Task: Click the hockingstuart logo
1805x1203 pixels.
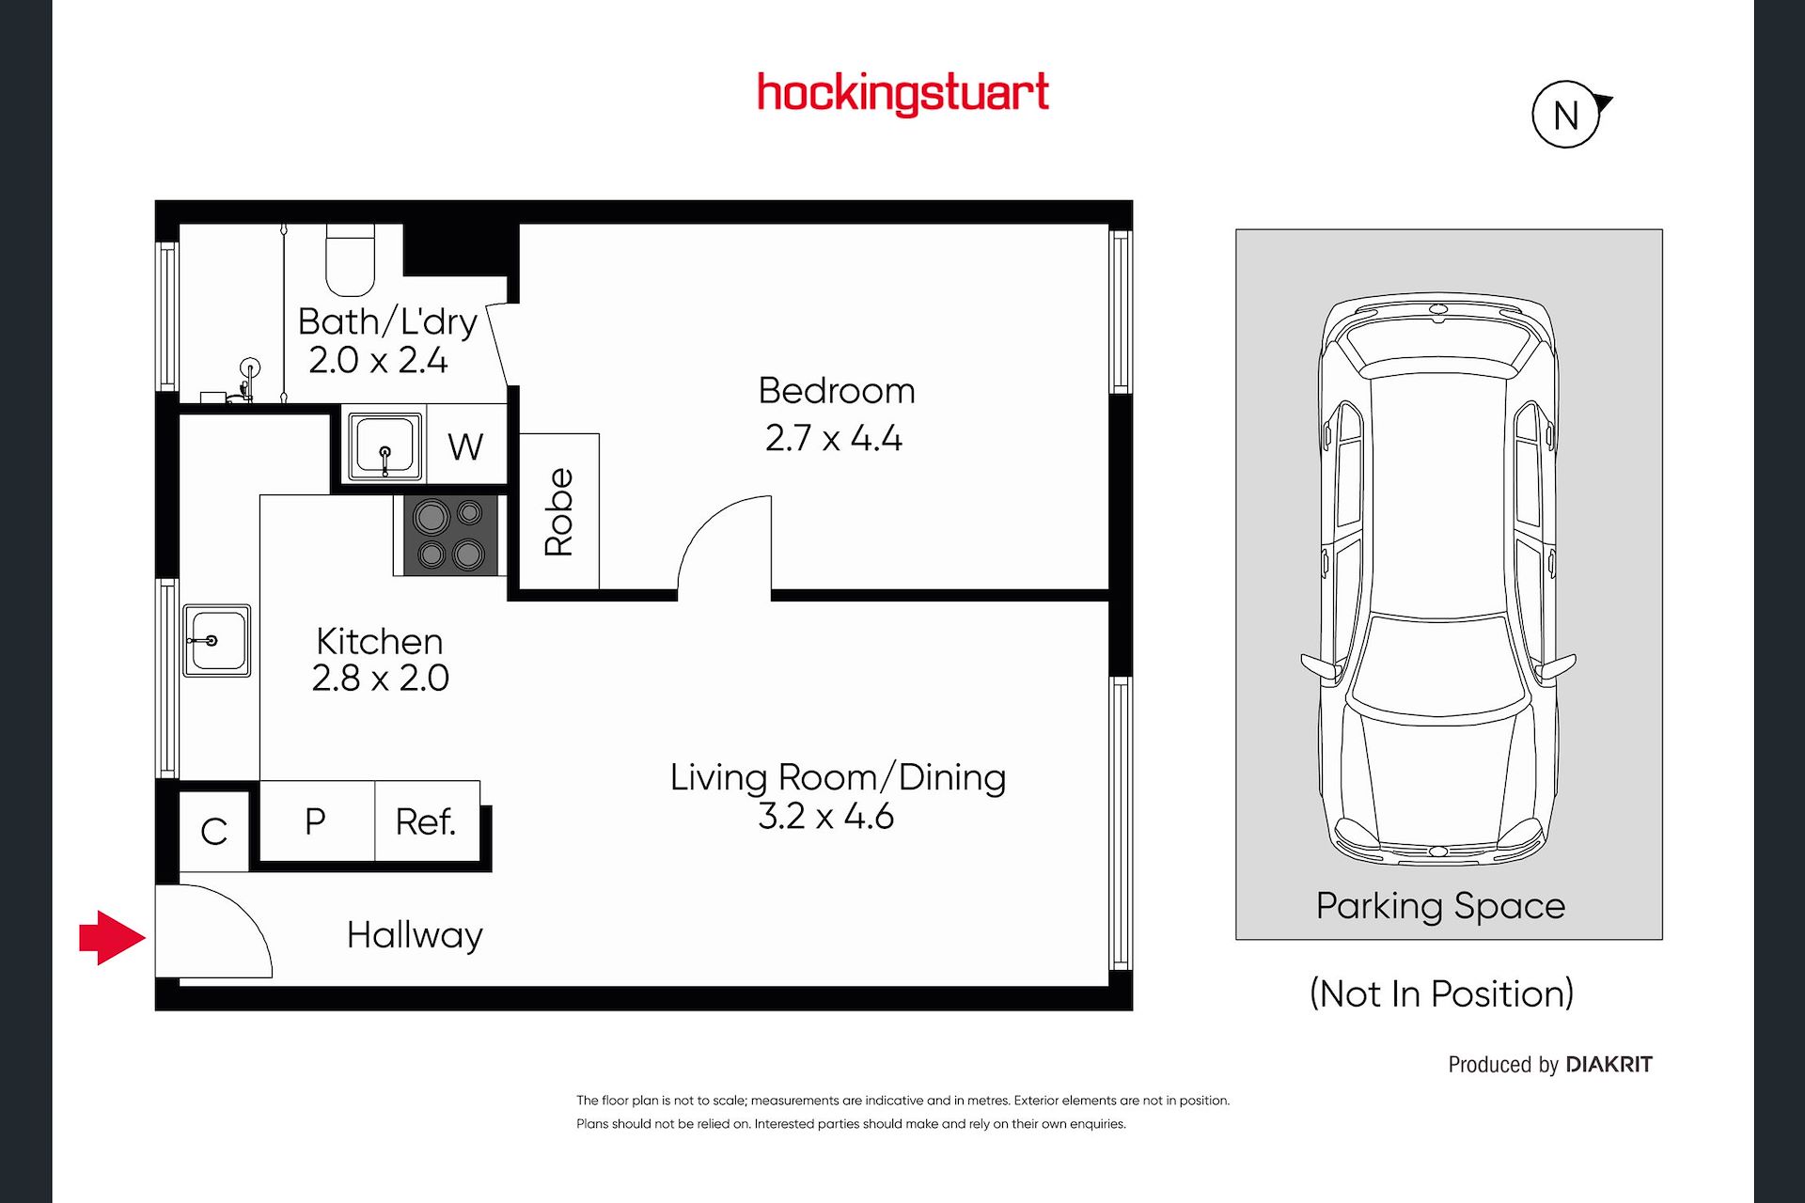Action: pos(902,94)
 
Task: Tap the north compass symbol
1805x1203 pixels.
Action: pos(1568,115)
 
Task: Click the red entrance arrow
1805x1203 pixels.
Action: pos(112,937)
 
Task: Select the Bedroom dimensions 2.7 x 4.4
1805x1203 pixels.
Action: pos(834,438)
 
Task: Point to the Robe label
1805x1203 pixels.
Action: pos(558,512)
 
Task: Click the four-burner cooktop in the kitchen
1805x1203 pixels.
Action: pos(450,535)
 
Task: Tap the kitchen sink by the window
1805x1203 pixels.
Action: pos(216,640)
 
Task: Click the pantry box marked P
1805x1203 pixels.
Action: pos(317,820)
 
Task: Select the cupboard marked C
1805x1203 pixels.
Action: pos(214,831)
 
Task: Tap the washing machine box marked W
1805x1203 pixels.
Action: pos(466,445)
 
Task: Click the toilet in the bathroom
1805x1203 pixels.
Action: pos(351,259)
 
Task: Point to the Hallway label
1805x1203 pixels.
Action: pos(415,935)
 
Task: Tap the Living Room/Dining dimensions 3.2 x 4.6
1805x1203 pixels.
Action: pos(825,816)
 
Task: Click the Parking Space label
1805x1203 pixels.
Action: pos(1440,906)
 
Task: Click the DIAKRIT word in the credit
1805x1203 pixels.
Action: pos(1609,1064)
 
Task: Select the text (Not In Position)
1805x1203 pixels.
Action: pos(1441,993)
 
